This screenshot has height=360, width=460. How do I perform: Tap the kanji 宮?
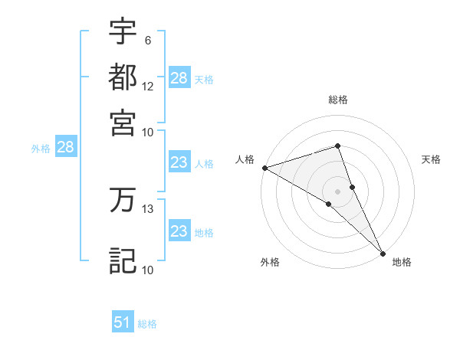pos(123,122)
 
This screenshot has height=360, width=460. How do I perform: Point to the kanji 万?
pos(123,201)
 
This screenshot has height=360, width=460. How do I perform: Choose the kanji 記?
pos(123,260)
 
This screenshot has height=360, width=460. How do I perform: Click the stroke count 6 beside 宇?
pos(148,40)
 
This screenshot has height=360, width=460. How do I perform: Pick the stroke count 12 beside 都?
pos(148,86)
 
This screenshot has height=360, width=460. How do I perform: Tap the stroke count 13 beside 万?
pos(148,208)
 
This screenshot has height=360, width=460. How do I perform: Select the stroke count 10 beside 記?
pos(148,270)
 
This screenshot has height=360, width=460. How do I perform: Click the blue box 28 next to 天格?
pos(179,78)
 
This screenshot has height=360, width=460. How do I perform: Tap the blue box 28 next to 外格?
pos(65,148)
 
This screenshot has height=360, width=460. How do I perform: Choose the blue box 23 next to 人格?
pos(179,162)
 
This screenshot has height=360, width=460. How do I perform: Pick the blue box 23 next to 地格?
pos(179,231)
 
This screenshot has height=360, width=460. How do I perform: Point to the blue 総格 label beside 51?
pos(147,324)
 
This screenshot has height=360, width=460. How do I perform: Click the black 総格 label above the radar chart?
pos(338,100)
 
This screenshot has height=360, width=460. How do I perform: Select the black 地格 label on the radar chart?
pos(402,263)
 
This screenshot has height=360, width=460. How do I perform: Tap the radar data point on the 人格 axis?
pos(264,167)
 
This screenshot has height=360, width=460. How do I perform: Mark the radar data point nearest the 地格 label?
pos(383,252)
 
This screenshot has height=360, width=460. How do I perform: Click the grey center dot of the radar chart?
pos(337,190)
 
